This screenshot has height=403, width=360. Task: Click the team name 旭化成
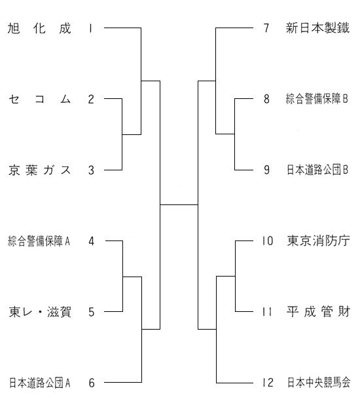tap(39, 28)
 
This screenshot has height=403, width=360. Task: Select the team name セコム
tap(39, 99)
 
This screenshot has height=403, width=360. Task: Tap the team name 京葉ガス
tap(39, 170)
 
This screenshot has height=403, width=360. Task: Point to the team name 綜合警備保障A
tap(39, 241)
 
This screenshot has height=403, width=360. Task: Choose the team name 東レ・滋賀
tap(40, 312)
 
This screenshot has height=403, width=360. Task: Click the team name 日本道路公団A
tap(39, 383)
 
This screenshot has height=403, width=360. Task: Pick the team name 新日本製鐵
tap(317, 28)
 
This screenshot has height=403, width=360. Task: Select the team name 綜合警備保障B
tap(317, 99)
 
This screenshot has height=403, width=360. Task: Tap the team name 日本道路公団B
tap(317, 170)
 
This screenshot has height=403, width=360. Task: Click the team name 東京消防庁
tap(318, 241)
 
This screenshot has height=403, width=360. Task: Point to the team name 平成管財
tap(318, 312)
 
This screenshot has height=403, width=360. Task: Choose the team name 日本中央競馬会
tap(319, 383)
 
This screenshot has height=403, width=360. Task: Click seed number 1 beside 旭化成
tap(90, 28)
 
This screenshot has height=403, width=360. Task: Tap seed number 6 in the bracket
tap(92, 383)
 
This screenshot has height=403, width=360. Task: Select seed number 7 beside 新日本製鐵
tap(266, 28)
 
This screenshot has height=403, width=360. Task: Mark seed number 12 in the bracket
tap(268, 383)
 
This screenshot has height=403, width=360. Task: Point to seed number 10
tap(268, 241)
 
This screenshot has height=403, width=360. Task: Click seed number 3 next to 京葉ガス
tap(91, 170)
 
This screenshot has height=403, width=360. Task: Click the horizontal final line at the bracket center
tap(179, 204)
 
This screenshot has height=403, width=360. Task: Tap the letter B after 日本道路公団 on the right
tap(346, 170)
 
